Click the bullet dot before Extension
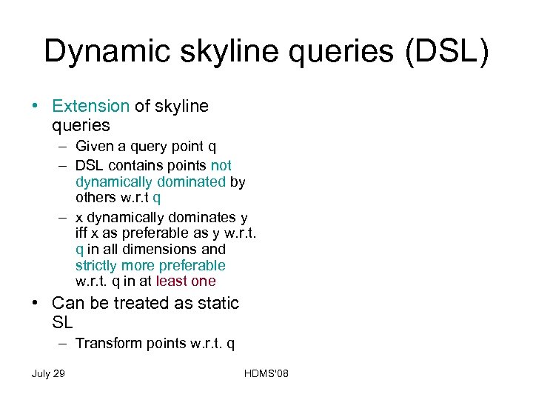36,106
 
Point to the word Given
97,147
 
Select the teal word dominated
188,181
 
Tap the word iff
84,233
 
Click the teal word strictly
97,265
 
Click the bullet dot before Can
36,304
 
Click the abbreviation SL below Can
62,323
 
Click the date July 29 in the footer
48,373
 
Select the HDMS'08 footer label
265,373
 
